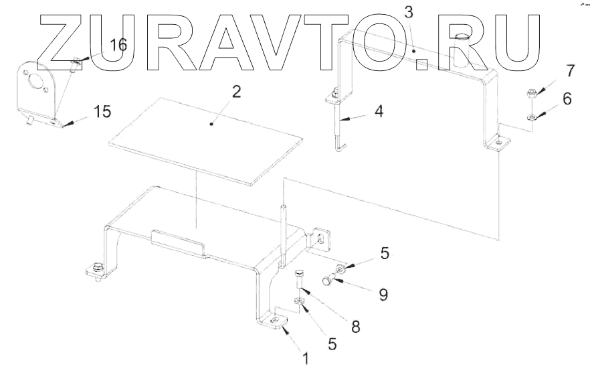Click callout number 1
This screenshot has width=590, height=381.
(306, 359)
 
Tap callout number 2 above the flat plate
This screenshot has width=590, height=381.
(235, 92)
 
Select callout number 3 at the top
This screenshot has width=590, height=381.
(409, 11)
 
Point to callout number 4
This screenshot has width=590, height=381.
(379, 112)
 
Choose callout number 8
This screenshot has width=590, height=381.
(355, 327)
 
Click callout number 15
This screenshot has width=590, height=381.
(102, 111)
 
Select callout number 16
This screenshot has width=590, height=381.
(118, 46)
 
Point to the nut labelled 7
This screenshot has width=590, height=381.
(530, 93)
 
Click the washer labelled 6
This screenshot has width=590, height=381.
(530, 118)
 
